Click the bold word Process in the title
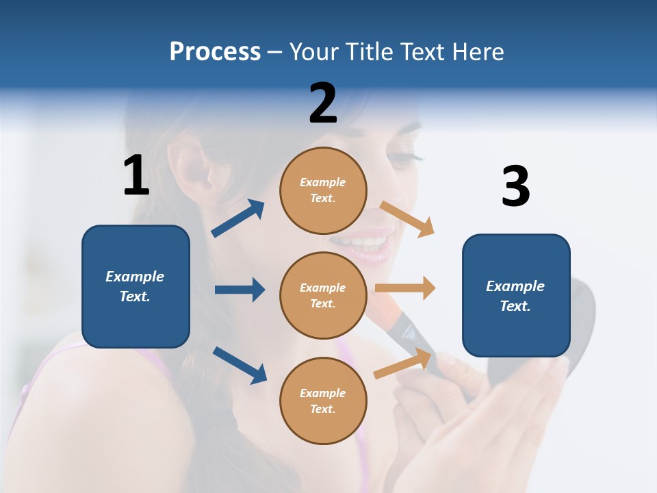click(215, 51)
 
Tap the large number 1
click(136, 175)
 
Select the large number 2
click(323, 103)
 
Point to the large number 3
click(515, 187)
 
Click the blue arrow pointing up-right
click(238, 218)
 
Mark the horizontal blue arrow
click(240, 290)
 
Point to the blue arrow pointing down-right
click(240, 365)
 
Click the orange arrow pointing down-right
click(407, 219)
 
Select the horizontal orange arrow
click(405, 288)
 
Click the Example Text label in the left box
click(135, 286)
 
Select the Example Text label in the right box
click(515, 296)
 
